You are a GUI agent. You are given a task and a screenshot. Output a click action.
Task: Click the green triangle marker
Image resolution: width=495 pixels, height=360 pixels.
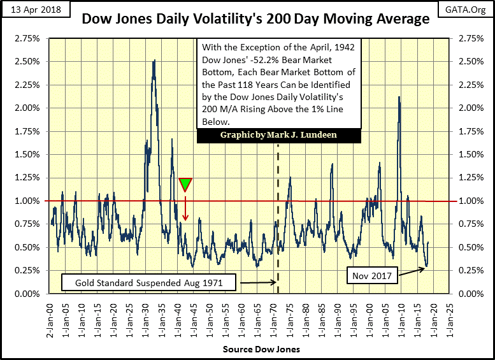(x=185, y=184)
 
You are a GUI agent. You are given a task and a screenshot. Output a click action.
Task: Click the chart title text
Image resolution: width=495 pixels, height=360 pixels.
(x=255, y=19)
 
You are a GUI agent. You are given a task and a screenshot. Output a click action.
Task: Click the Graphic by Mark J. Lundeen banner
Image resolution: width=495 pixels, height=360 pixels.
(x=278, y=136)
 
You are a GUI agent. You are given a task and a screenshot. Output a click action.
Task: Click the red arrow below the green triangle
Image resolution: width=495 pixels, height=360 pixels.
(x=185, y=208)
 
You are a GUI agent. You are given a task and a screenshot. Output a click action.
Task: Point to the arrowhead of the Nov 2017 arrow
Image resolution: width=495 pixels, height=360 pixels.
(x=425, y=267)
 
